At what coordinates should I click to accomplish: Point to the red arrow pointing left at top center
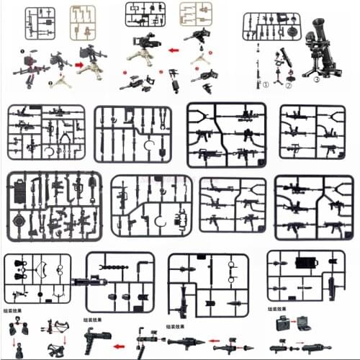point(173,51)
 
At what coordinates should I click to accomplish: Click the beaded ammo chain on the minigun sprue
point(120,266)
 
